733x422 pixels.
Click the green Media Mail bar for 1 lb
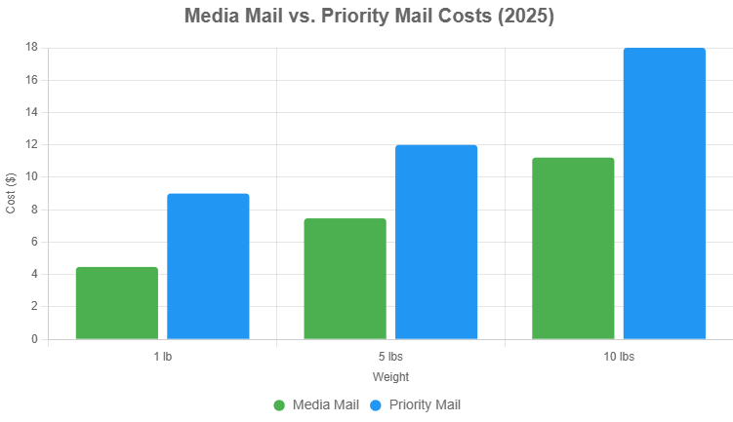pos(117,303)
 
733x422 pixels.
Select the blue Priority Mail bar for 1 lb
pos(208,266)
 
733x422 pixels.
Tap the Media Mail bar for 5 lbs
pos(345,279)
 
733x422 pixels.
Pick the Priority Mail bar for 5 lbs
pos(436,242)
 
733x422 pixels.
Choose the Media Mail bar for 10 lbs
pos(573,249)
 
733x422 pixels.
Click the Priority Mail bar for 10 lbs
pos(665,193)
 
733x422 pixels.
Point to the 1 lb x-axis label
pos(162,357)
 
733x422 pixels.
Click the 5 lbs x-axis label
pos(390,357)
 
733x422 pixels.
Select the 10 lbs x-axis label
pos(619,357)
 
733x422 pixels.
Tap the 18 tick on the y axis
pos(32,47)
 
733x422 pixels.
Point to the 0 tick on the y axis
pos(35,339)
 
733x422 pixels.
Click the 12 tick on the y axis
pos(32,144)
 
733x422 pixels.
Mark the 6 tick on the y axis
pos(35,242)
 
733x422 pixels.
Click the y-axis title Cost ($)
pos(11,193)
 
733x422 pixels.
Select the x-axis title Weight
pos(390,376)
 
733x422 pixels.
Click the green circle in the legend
pos(279,404)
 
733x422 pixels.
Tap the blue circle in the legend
pos(376,404)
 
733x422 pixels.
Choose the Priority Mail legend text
pos(425,404)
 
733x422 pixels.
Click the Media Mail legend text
pos(325,404)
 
